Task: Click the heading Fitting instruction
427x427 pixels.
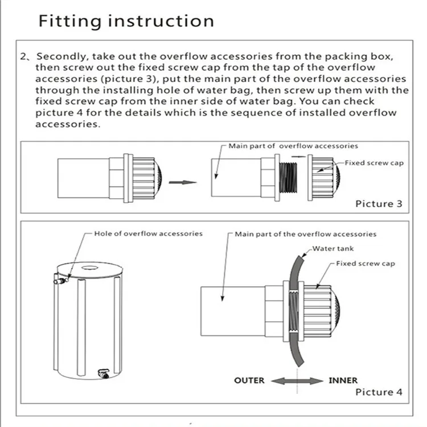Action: (126, 21)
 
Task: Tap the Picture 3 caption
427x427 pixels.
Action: (374, 203)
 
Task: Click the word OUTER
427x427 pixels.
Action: (249, 380)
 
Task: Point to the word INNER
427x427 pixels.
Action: (343, 380)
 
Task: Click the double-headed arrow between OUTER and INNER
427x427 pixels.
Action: (297, 380)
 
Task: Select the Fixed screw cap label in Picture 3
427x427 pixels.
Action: (374, 163)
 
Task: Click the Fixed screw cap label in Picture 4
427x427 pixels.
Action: (365, 264)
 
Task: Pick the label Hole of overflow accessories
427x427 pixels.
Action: (148, 233)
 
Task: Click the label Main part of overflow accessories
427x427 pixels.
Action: (293, 146)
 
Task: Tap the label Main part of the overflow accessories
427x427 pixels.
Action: (305, 233)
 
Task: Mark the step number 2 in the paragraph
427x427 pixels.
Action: (23, 57)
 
